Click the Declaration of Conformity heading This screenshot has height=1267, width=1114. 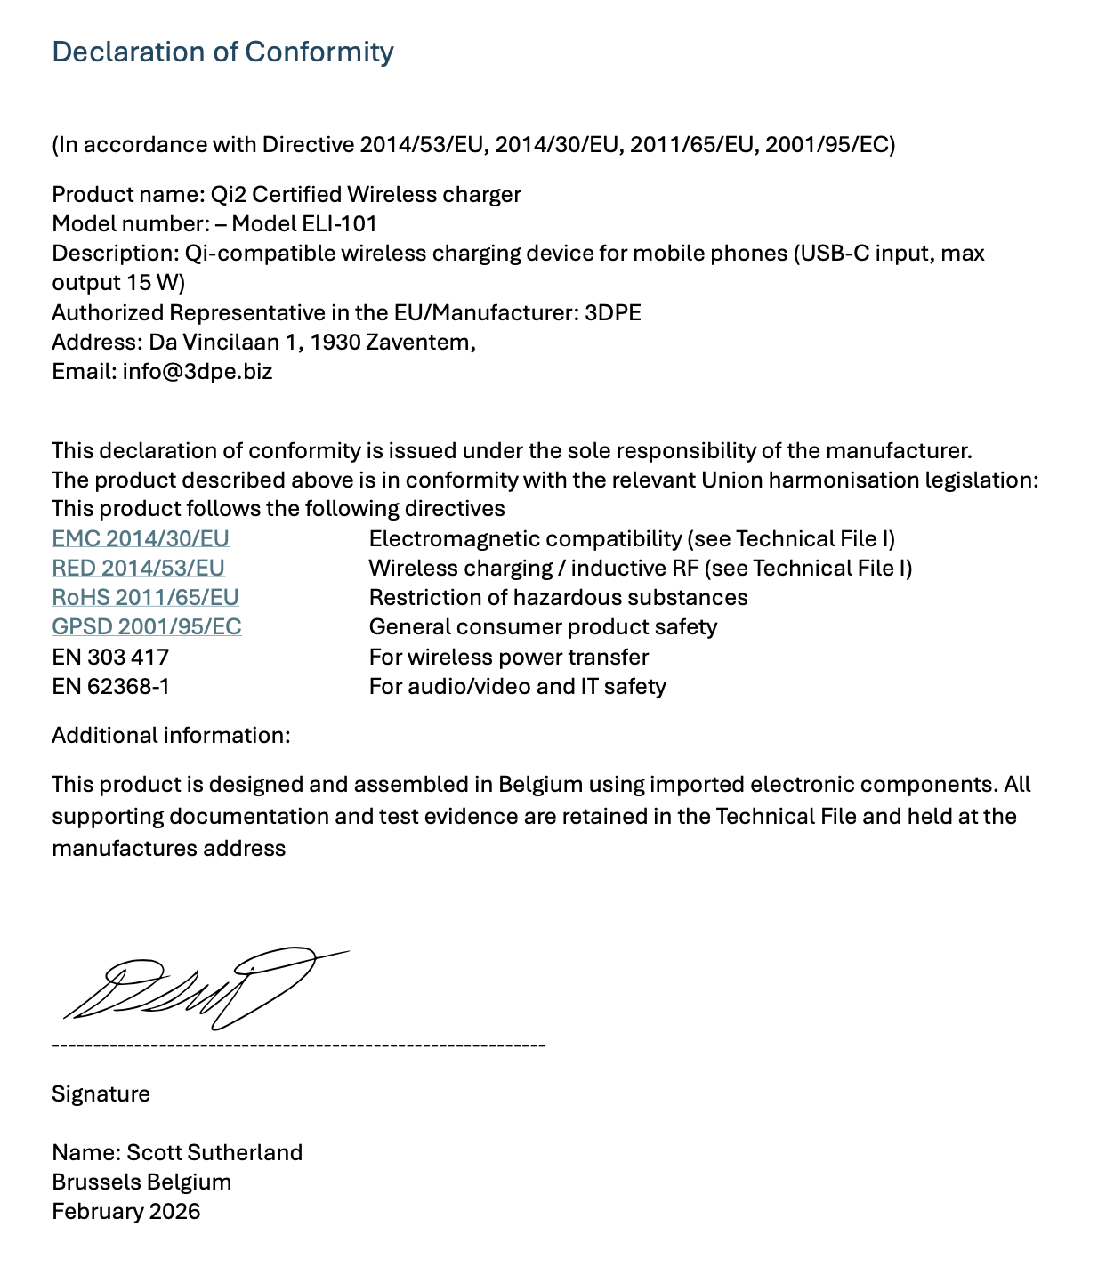[x=222, y=52]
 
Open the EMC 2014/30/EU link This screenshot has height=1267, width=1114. [x=141, y=538]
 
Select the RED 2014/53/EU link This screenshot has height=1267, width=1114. [x=138, y=568]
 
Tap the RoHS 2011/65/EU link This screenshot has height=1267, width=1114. [x=145, y=597]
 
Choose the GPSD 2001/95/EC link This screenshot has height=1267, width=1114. [x=147, y=626]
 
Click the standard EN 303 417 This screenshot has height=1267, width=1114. [x=110, y=657]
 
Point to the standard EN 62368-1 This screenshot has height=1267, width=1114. [x=110, y=686]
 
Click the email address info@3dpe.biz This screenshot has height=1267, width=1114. [x=198, y=371]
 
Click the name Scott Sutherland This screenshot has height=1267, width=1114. [x=214, y=1152]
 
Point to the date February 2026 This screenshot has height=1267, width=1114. [x=126, y=1211]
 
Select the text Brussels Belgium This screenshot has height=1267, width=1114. [x=141, y=1182]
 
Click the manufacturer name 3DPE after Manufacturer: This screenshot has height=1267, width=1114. [x=612, y=312]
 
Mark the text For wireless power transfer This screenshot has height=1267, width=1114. [x=508, y=657]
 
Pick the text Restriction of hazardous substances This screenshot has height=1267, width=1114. [x=558, y=597]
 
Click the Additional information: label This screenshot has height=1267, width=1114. [x=171, y=735]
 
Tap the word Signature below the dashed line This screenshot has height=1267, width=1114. [x=101, y=1093]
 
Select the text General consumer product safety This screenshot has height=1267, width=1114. [x=543, y=626]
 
